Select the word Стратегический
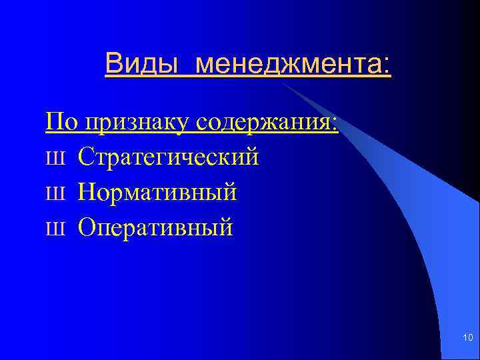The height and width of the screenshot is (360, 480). pos(168,158)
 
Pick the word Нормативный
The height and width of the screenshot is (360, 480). pos(157,193)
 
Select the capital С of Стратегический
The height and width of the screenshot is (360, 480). pos(85,157)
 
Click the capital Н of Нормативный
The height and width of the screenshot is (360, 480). pos(87,193)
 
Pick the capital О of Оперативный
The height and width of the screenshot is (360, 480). pos(87,228)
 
